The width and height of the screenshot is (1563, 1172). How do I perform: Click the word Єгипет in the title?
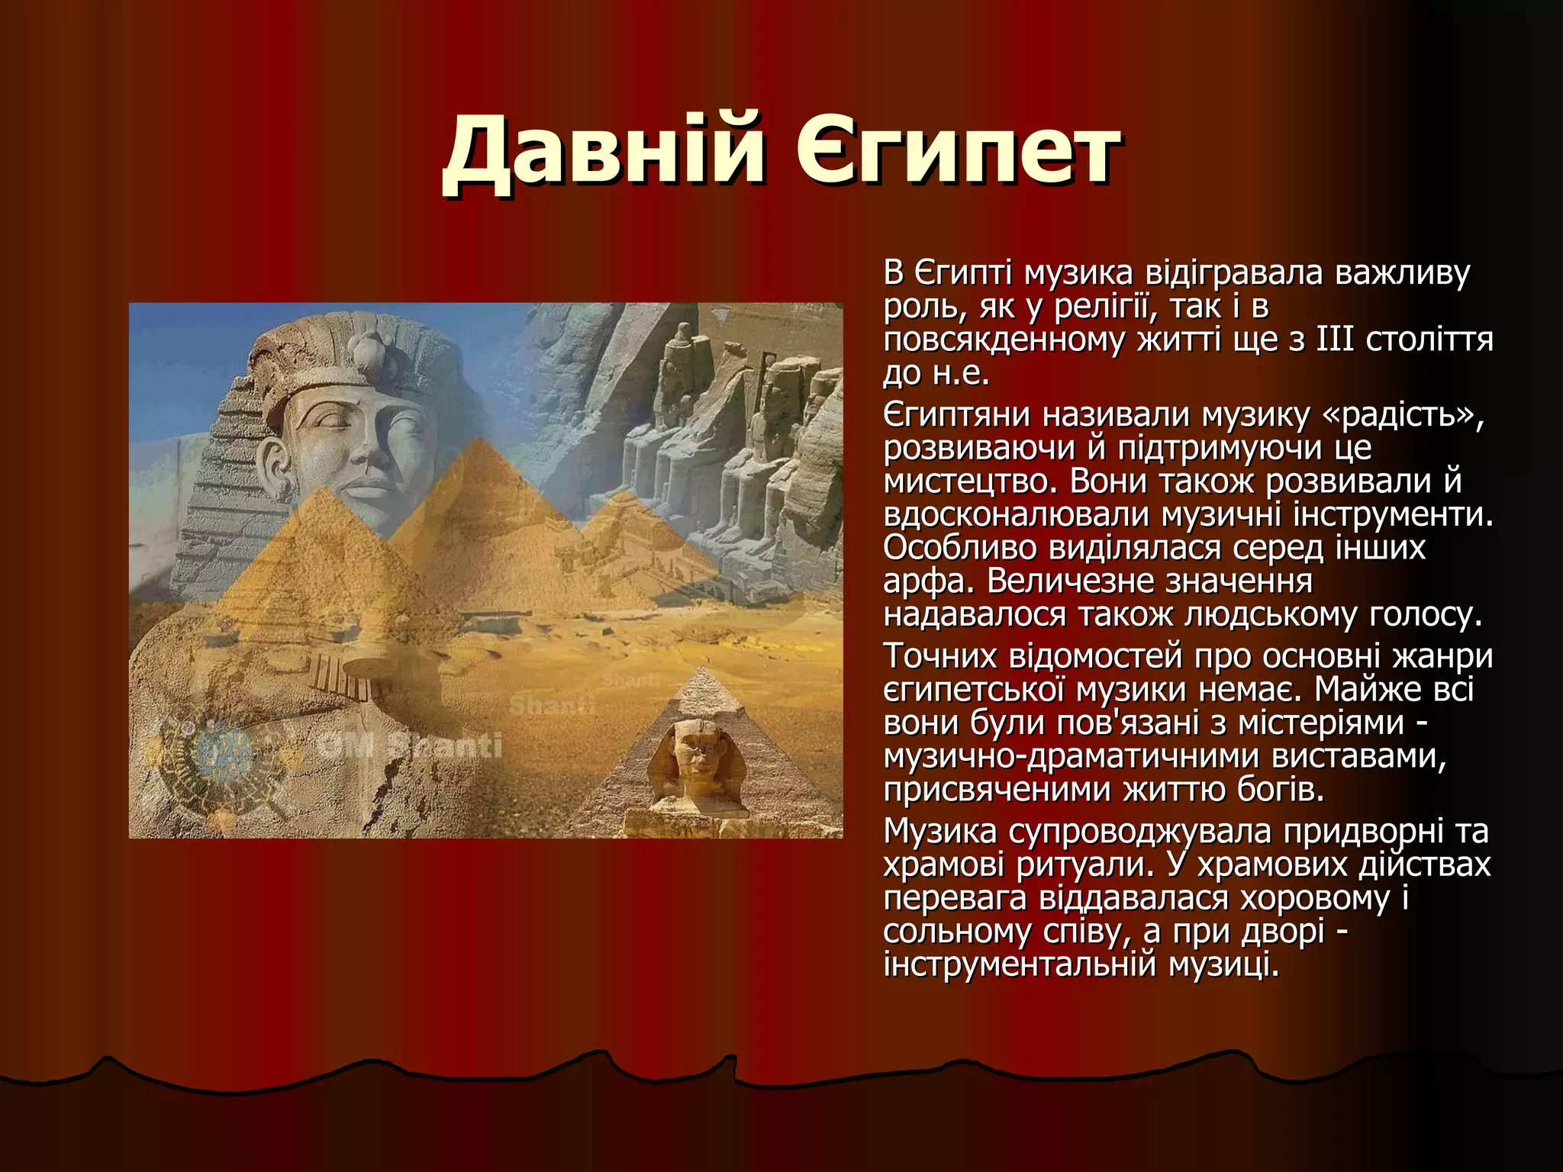coord(958,150)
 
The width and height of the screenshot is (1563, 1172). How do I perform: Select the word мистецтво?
coord(969,482)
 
